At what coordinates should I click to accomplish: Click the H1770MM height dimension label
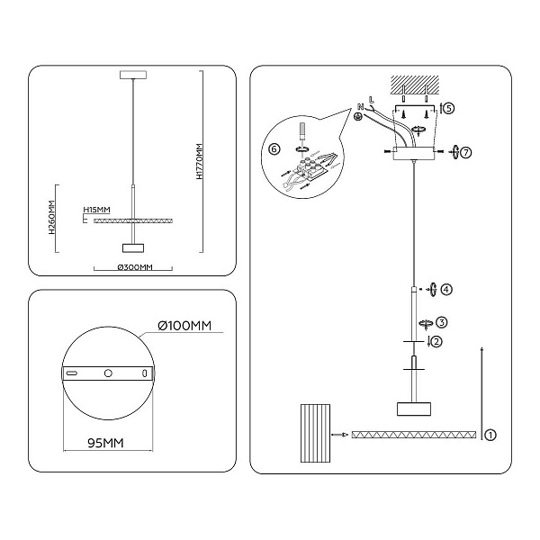click(x=200, y=161)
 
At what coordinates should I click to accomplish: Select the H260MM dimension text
click(x=51, y=217)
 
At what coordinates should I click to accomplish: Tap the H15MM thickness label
click(x=97, y=210)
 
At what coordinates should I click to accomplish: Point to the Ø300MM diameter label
click(x=135, y=267)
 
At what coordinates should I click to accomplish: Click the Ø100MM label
click(x=184, y=326)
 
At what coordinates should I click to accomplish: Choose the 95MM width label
click(x=105, y=443)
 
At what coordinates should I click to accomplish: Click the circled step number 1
click(x=490, y=435)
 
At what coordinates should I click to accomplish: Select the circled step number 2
click(x=436, y=342)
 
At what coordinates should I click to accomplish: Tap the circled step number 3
click(x=442, y=322)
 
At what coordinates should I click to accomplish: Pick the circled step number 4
click(x=446, y=289)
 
